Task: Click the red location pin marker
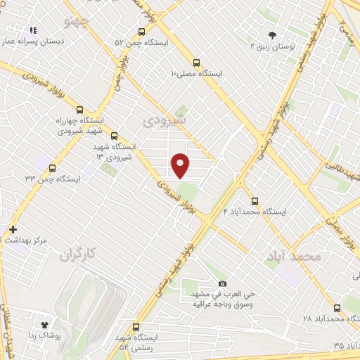click(x=181, y=166)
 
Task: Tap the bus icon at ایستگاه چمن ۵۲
click(x=142, y=32)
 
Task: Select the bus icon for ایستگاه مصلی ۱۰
click(x=195, y=61)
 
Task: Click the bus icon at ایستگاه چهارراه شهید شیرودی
click(x=79, y=110)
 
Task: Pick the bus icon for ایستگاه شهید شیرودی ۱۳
click(x=114, y=137)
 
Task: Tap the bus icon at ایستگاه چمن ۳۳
click(x=53, y=167)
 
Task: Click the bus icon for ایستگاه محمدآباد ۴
click(x=255, y=200)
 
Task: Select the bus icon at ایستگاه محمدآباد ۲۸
click(x=337, y=308)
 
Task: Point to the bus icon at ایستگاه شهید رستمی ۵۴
click(x=136, y=327)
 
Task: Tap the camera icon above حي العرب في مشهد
click(x=223, y=283)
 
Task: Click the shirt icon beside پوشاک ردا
click(x=46, y=326)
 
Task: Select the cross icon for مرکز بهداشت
click(x=13, y=230)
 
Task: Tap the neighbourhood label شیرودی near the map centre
click(x=165, y=120)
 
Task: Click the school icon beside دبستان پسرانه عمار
click(x=32, y=30)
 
